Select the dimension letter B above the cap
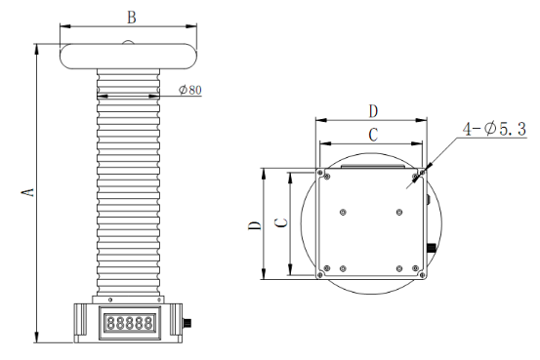(132, 18)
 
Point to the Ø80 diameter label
(190, 90)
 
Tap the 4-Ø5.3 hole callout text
(494, 129)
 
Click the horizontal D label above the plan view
(373, 111)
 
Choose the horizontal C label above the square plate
(373, 135)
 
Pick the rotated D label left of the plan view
(255, 225)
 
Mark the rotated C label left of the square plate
(281, 223)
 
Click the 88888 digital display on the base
(130, 323)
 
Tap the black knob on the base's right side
(187, 323)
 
